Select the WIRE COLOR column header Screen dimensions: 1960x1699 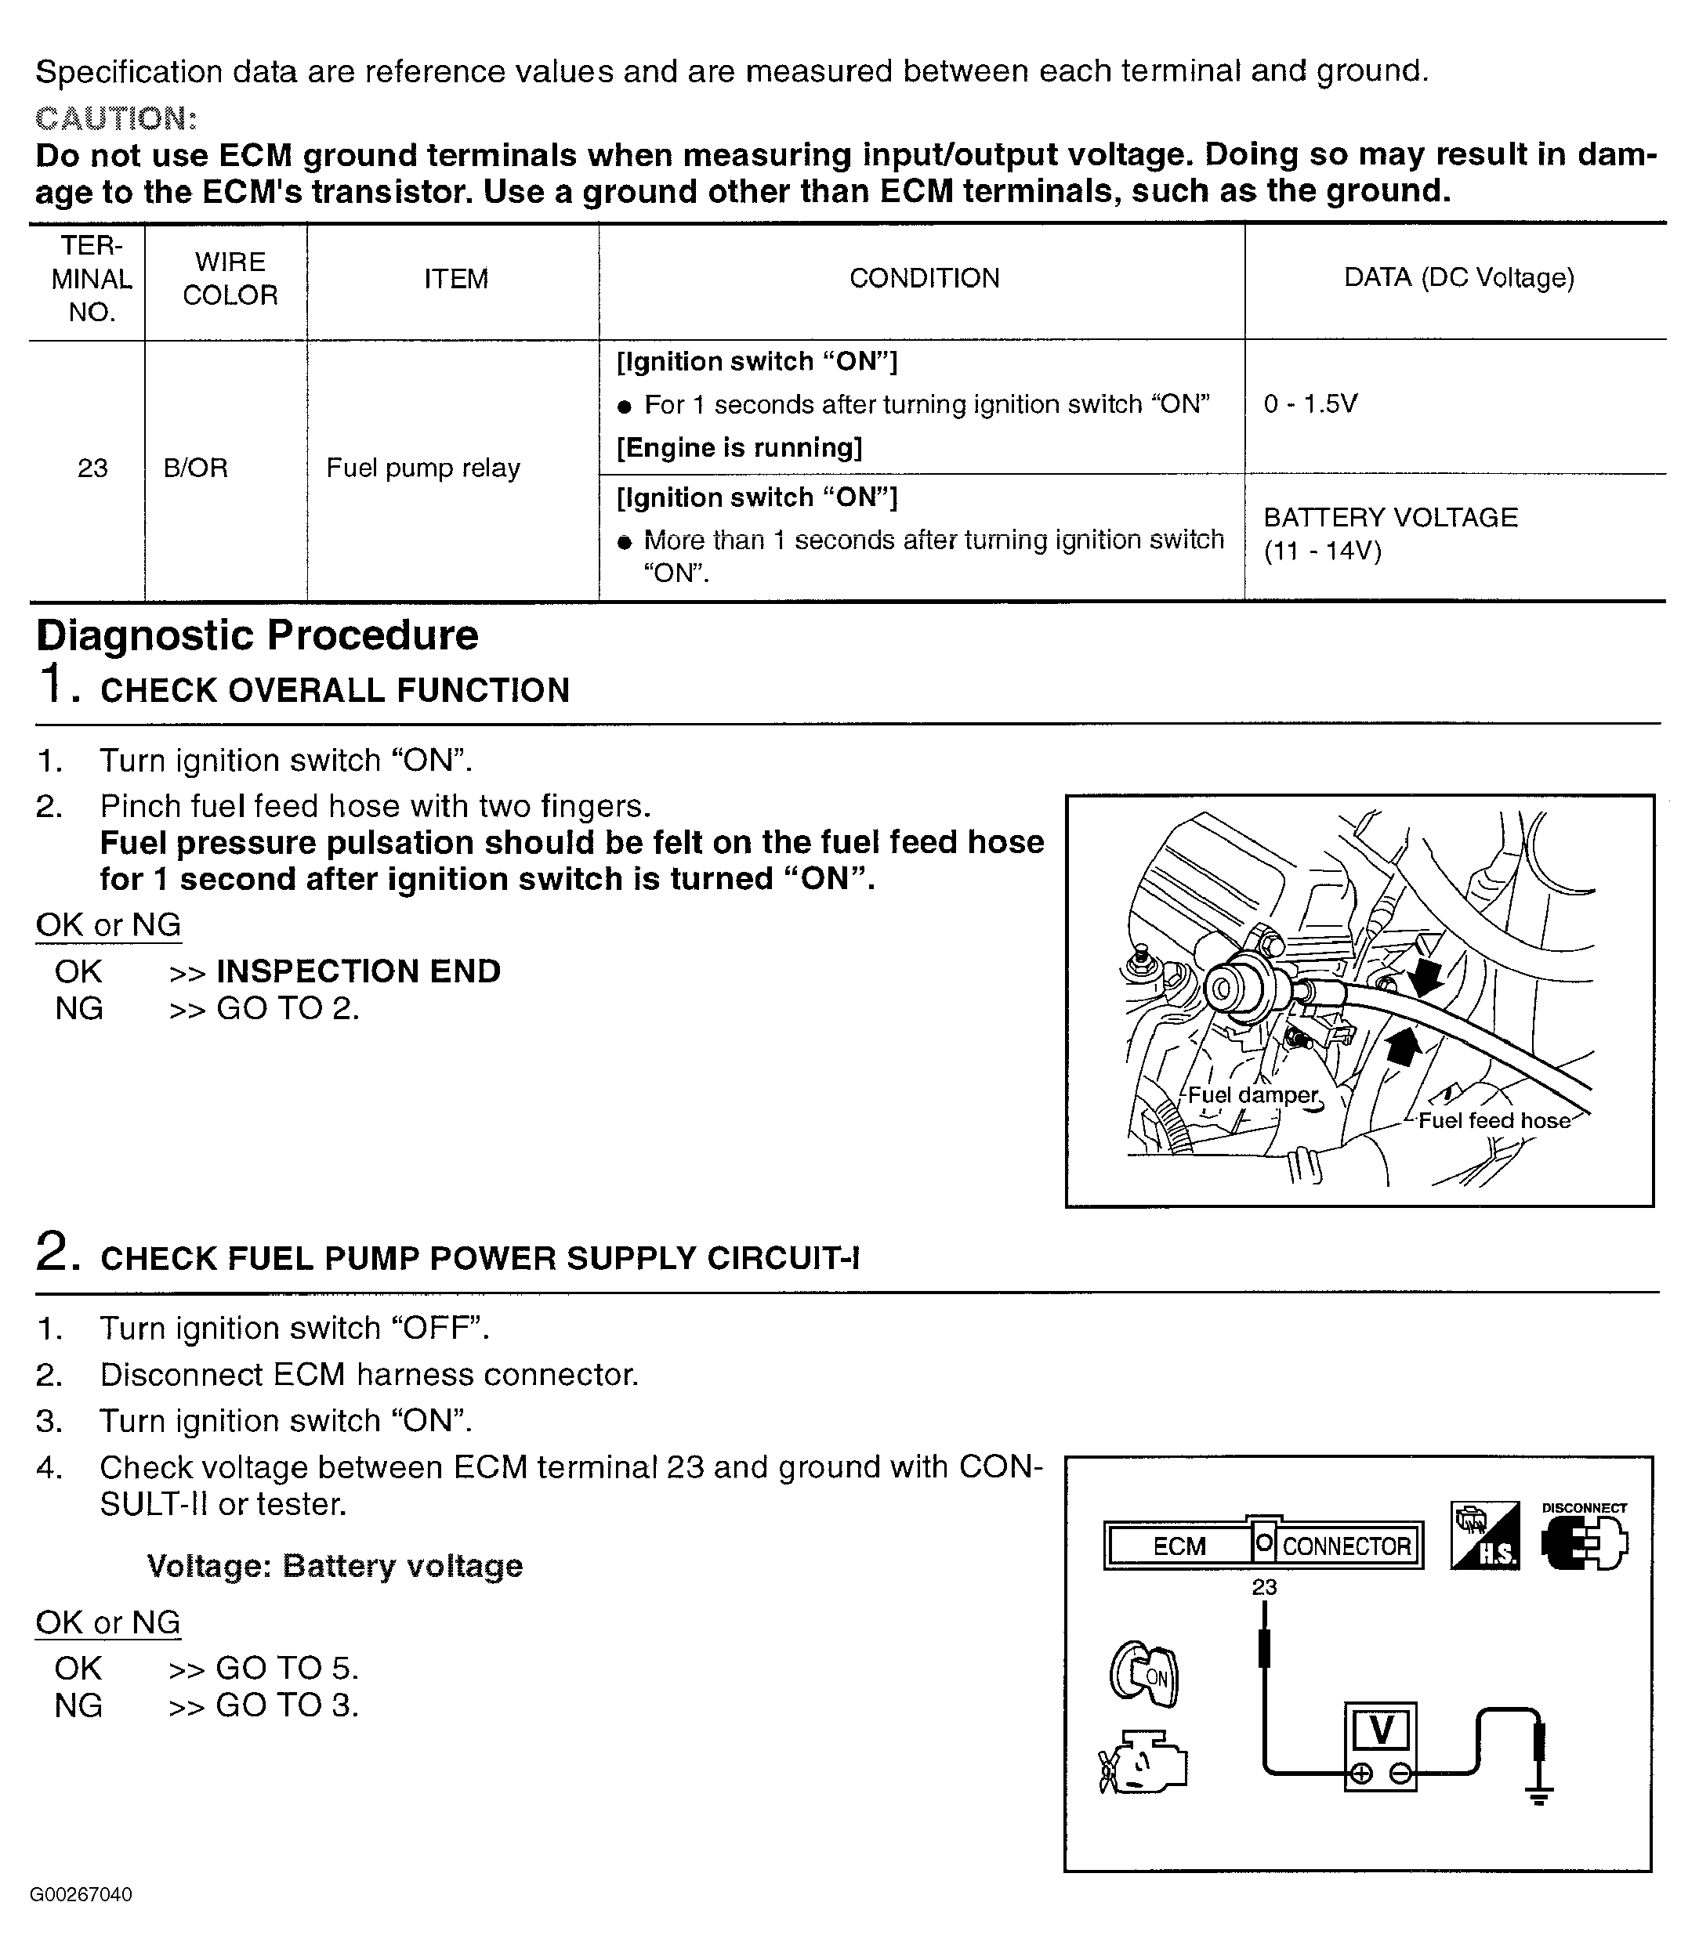click(230, 279)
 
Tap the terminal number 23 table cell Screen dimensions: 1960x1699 click(92, 468)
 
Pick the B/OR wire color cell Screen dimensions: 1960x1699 click(195, 468)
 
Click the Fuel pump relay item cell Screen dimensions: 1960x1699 click(423, 468)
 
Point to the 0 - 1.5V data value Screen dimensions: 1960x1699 click(1310, 405)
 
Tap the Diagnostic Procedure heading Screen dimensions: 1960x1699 click(257, 635)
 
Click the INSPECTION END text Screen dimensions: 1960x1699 click(358, 971)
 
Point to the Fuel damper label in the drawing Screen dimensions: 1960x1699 click(1252, 1096)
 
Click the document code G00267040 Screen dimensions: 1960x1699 click(81, 1896)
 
